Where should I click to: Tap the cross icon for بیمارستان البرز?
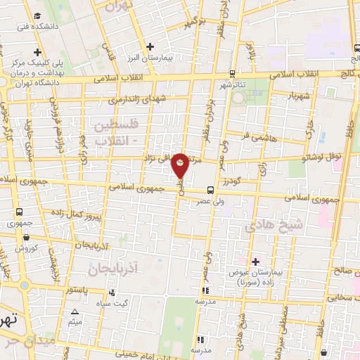[x=150, y=47]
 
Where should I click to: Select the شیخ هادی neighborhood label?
[x=264, y=226]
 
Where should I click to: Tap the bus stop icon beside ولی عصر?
[x=210, y=190]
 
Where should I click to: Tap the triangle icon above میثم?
[x=75, y=311]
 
